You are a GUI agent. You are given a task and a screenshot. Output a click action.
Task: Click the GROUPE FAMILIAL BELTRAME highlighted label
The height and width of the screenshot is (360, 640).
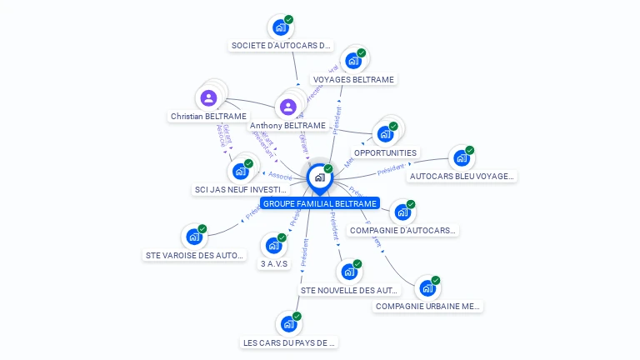tap(319, 203)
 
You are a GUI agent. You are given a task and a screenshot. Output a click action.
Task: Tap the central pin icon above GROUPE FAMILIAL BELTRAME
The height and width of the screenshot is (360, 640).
tap(319, 177)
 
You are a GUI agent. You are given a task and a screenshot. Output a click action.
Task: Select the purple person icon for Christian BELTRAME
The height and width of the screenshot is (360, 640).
tap(208, 97)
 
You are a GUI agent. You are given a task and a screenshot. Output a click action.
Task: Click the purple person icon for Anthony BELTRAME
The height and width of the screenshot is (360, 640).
tap(287, 107)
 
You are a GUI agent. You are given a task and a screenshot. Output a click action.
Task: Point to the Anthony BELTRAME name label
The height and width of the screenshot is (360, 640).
tap(287, 125)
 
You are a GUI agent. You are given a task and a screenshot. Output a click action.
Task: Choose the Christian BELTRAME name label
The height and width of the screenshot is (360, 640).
tap(208, 116)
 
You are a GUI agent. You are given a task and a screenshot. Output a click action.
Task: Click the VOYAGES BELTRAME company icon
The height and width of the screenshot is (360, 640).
tap(353, 61)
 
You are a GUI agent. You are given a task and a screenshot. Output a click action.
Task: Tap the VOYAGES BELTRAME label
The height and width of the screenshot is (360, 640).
tap(353, 79)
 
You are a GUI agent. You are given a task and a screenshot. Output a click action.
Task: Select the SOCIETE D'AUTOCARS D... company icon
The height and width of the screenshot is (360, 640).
tap(281, 27)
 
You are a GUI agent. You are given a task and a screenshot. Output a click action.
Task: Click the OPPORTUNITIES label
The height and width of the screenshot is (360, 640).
tap(385, 152)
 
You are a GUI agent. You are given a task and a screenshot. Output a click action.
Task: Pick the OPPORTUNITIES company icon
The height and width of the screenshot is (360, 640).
tap(385, 133)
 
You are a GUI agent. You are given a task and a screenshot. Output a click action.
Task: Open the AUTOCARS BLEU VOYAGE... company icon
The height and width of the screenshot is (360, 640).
tap(462, 158)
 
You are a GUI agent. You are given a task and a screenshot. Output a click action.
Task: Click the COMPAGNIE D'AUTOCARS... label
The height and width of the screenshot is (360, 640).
tap(403, 230)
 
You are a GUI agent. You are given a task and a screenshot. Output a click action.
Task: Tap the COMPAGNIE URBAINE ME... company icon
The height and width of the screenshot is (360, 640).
tap(427, 288)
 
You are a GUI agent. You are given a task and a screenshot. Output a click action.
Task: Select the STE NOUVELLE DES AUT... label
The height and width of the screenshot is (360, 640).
tap(350, 290)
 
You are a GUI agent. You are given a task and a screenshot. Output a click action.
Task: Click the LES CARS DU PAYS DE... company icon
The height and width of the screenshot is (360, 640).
tap(288, 323)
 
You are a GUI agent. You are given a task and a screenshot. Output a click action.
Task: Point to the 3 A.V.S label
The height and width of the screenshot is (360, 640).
tap(273, 263)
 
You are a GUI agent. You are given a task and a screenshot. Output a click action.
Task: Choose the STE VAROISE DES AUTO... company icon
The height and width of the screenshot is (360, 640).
tap(194, 237)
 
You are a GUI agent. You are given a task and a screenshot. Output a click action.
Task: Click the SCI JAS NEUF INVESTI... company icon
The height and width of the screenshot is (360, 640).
tap(240, 171)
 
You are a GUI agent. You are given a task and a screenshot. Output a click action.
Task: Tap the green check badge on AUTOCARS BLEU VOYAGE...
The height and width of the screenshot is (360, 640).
tap(470, 151)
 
